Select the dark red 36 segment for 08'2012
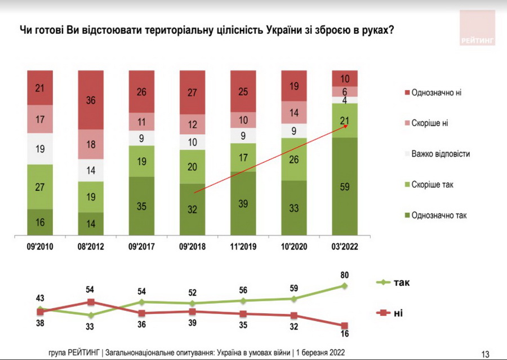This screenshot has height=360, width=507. pyautogui.click(x=91, y=99)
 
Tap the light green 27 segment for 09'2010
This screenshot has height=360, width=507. pyautogui.click(x=40, y=186)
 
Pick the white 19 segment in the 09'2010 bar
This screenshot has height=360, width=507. pyautogui.click(x=40, y=149)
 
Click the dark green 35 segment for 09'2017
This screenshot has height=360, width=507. pyautogui.click(x=142, y=206)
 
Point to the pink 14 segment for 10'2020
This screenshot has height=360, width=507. pyautogui.click(x=294, y=113)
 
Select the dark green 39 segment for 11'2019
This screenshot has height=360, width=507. pyautogui.click(x=243, y=203)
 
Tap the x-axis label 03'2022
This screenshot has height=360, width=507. pyautogui.click(x=345, y=246)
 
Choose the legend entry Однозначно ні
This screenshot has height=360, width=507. pyautogui.click(x=436, y=92)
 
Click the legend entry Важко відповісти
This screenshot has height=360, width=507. pyautogui.click(x=440, y=154)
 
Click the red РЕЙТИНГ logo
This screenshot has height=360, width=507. pyautogui.click(x=477, y=27)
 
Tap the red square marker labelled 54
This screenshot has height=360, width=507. pyautogui.click(x=91, y=302)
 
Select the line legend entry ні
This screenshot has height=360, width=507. pyautogui.click(x=397, y=313)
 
